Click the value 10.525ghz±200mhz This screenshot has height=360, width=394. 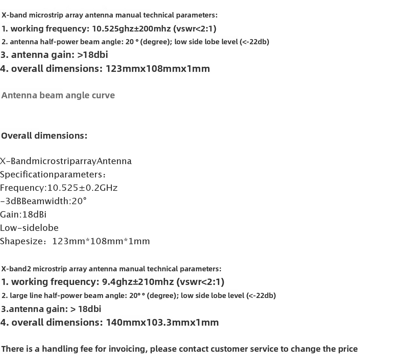click(x=131, y=29)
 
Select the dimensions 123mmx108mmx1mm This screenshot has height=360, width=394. click(x=158, y=69)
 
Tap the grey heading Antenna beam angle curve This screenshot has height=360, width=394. click(x=58, y=95)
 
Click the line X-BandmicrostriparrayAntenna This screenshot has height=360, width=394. click(x=66, y=161)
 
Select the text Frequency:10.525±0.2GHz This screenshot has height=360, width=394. click(x=59, y=188)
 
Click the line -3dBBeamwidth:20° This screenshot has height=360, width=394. click(x=43, y=201)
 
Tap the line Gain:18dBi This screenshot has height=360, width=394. click(x=23, y=215)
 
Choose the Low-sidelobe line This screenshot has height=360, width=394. click(x=29, y=228)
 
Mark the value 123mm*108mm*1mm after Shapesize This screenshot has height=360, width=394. click(x=101, y=241)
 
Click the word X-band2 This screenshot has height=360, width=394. click(x=16, y=269)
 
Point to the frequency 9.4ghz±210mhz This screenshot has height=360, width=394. click(x=138, y=282)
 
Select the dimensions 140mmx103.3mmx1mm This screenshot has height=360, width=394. click(x=162, y=322)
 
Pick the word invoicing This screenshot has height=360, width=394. click(x=128, y=349)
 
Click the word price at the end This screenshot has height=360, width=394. click(x=348, y=349)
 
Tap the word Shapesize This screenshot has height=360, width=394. click(x=21, y=241)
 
